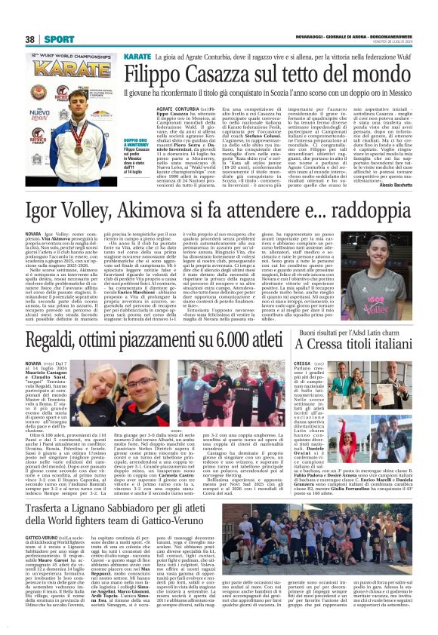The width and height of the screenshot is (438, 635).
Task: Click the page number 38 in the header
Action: coord(30,38)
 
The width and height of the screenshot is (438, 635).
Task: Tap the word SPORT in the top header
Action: coord(54,38)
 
